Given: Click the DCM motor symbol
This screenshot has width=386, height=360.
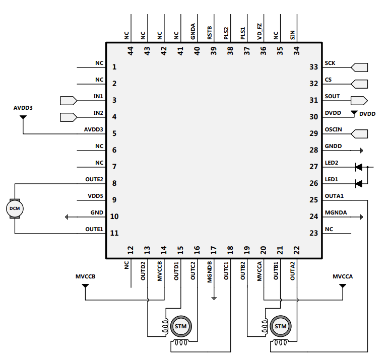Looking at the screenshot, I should click(15, 208).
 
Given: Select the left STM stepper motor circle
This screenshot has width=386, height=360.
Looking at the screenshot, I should click(180, 326).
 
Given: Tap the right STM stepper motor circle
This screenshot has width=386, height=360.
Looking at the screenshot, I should click(280, 326).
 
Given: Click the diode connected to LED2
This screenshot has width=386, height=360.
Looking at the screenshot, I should click(358, 167).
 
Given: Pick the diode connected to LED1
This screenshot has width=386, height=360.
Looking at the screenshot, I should click(358, 183).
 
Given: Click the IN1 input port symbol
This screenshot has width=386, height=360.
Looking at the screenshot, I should click(68, 100).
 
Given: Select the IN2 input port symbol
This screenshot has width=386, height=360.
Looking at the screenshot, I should click(68, 117).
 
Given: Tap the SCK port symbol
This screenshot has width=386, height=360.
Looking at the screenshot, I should click(360, 67).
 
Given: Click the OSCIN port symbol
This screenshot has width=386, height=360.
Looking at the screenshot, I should click(360, 133).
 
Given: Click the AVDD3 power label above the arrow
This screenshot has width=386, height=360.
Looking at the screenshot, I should click(23, 108).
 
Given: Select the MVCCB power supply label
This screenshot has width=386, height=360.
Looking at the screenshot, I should click(86, 277).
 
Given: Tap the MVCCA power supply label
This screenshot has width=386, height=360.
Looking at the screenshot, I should click(343, 277).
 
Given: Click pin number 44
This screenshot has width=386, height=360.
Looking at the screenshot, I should click(131, 50).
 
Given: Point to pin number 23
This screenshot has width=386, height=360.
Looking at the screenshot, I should click(314, 233).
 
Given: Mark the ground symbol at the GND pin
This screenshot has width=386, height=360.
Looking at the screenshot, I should click(67, 217).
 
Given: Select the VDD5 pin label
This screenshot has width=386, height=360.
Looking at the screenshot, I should click(95, 196).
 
